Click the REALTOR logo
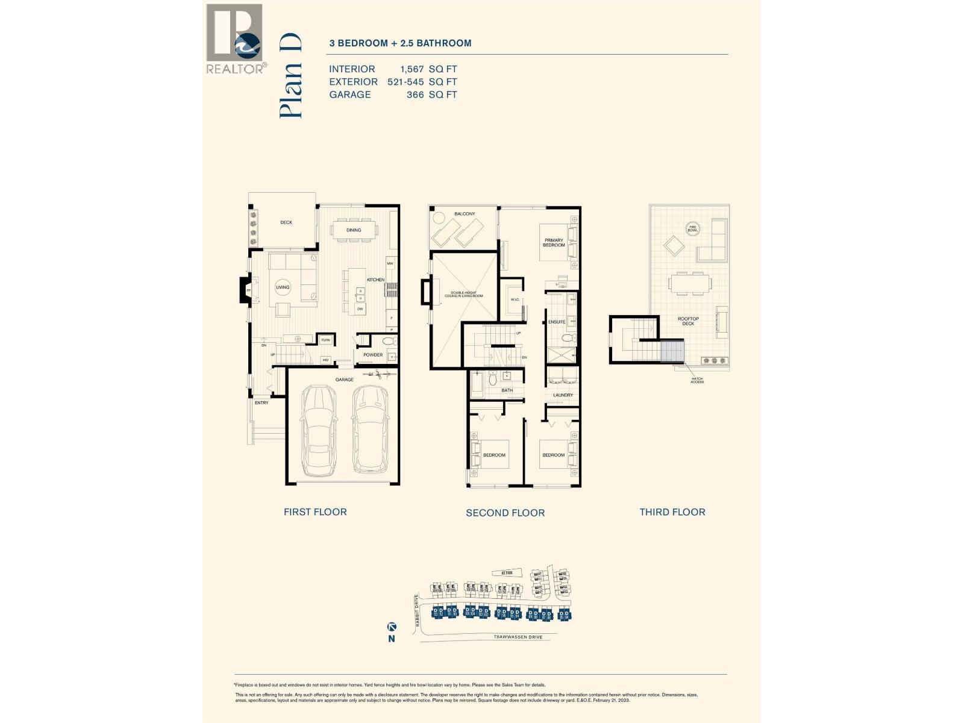click(235, 39)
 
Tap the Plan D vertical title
click(290, 76)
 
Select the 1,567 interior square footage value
click(413, 69)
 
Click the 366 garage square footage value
click(415, 95)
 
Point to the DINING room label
click(354, 230)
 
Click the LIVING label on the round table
click(283, 287)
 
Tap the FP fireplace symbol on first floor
click(248, 291)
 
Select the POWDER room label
click(373, 355)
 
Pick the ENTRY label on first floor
click(261, 402)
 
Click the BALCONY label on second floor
click(465, 214)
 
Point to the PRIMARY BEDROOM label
click(554, 243)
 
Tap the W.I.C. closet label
click(515, 299)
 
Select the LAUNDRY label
click(563, 395)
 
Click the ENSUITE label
click(556, 322)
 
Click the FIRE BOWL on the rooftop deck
click(693, 228)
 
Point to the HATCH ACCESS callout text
click(696, 380)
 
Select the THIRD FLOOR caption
click(672, 512)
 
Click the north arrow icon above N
click(392, 627)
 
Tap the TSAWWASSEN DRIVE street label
click(518, 637)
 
